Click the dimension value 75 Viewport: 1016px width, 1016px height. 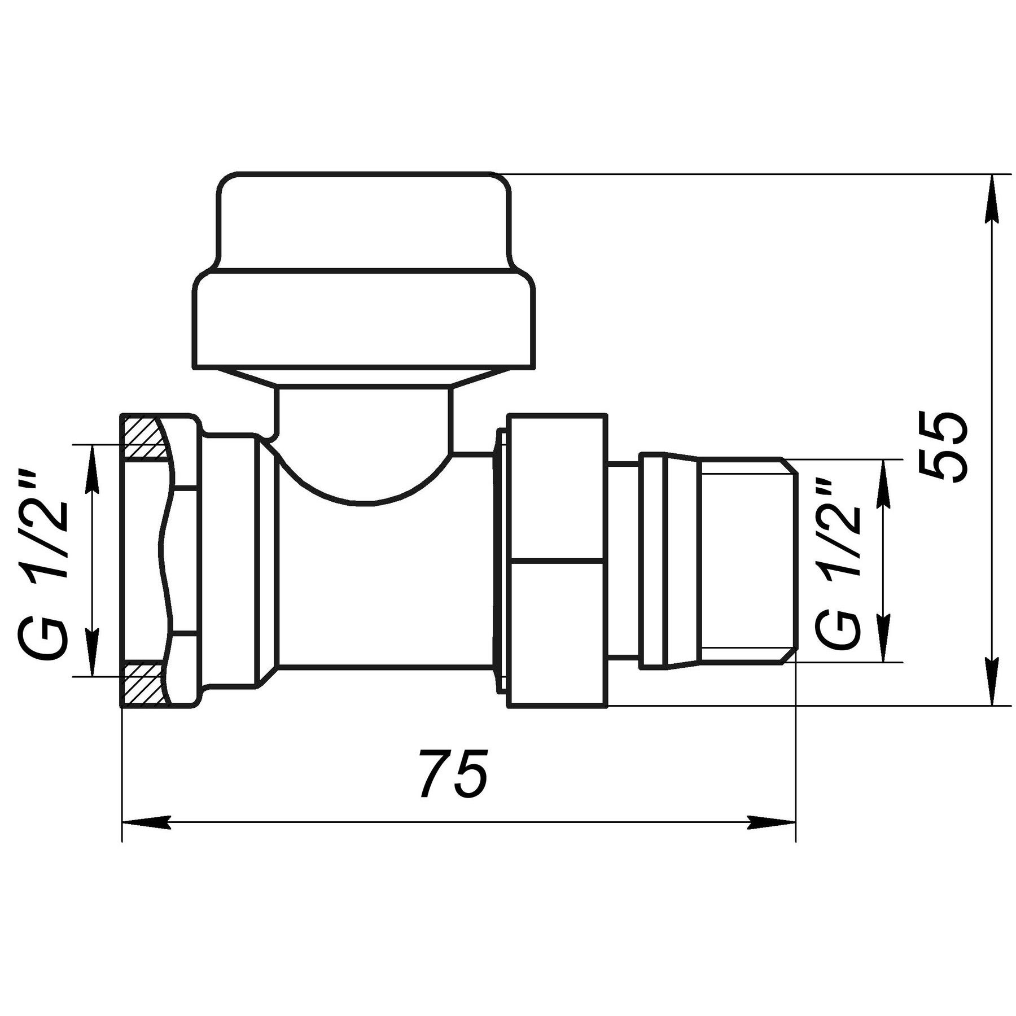(x=453, y=773)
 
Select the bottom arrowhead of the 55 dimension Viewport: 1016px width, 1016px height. (x=992, y=681)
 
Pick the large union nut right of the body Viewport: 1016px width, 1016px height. (x=558, y=560)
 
